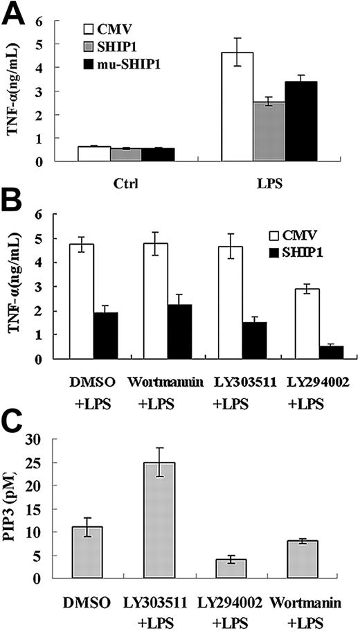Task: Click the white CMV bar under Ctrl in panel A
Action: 94,154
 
